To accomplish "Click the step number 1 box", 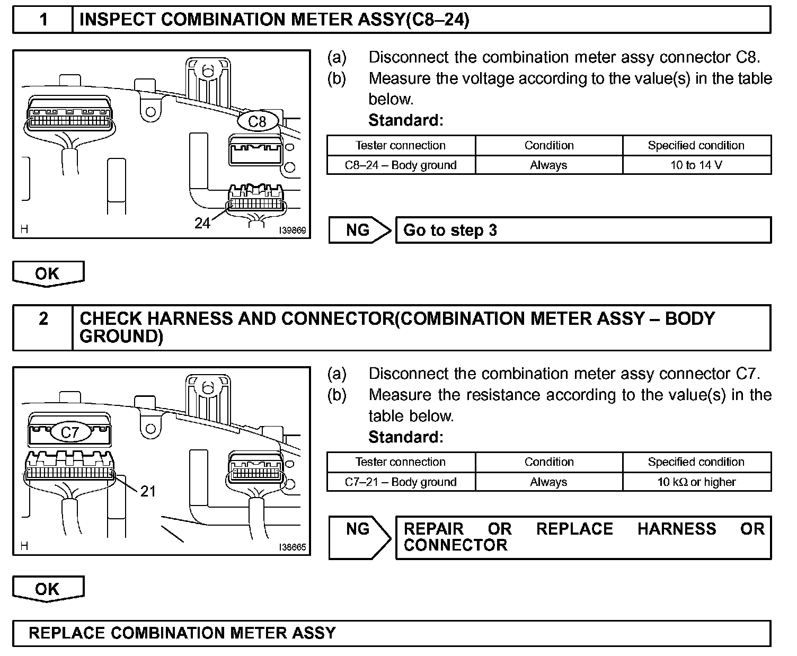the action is click(x=43, y=20).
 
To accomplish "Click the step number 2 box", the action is click(x=43, y=319).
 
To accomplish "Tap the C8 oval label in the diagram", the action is click(x=257, y=121).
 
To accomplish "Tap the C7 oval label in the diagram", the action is click(x=69, y=432).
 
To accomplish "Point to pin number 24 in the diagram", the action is click(x=202, y=224).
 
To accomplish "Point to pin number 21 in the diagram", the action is click(x=148, y=491).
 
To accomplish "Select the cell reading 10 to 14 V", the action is click(x=696, y=165).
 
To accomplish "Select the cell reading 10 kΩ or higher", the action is click(x=696, y=482).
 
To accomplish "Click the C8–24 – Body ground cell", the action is click(x=401, y=165).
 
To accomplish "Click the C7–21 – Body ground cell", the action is click(x=401, y=482).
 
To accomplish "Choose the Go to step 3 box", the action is click(x=583, y=231).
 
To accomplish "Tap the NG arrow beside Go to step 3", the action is click(x=359, y=230).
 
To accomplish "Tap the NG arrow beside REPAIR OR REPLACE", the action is click(x=359, y=537).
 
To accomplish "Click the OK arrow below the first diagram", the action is click(x=48, y=273).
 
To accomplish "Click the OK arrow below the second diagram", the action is click(x=48, y=589).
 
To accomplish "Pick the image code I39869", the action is click(x=293, y=231).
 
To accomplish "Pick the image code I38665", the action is click(x=293, y=547).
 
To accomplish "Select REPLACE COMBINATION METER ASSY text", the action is click(x=182, y=633).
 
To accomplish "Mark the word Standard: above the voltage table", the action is click(x=405, y=120).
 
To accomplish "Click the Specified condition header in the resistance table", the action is click(x=696, y=462).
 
